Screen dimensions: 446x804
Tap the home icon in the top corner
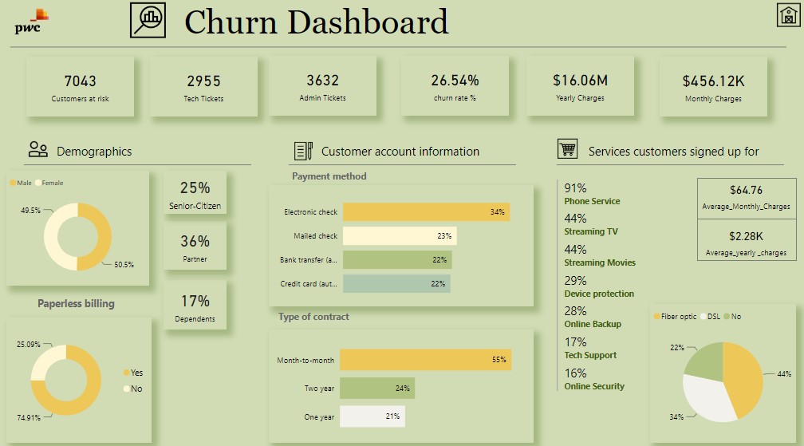point(787,16)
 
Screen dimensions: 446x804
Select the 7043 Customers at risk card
point(80,87)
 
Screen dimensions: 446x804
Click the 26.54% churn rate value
point(455,81)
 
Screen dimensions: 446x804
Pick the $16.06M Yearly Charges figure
point(580,81)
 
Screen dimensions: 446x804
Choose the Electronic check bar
point(424,212)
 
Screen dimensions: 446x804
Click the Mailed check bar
point(398,236)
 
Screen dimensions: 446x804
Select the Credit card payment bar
point(395,283)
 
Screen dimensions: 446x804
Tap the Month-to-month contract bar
point(424,360)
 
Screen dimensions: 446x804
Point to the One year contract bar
point(372,416)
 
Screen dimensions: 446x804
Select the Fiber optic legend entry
point(677,317)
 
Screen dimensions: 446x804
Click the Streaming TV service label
point(590,231)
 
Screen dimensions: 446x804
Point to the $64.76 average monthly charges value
point(746,190)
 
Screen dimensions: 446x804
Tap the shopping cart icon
point(567,150)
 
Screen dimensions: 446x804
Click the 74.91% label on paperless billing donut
point(30,416)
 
